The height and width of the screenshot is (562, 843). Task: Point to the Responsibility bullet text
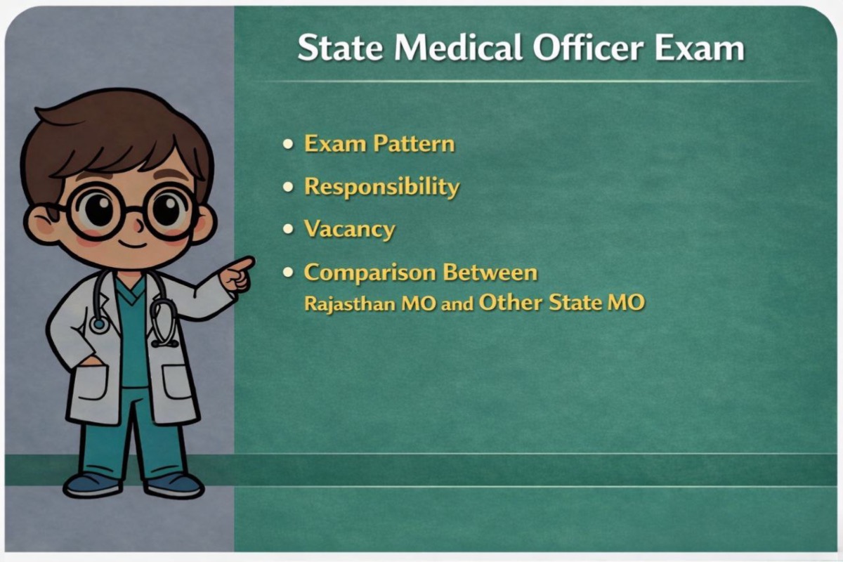[381, 187]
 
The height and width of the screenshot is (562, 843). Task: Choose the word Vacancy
[349, 230]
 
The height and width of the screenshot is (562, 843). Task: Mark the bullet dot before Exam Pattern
[288, 144]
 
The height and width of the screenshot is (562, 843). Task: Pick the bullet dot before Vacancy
[288, 230]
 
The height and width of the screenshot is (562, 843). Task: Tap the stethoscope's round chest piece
[99, 324]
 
